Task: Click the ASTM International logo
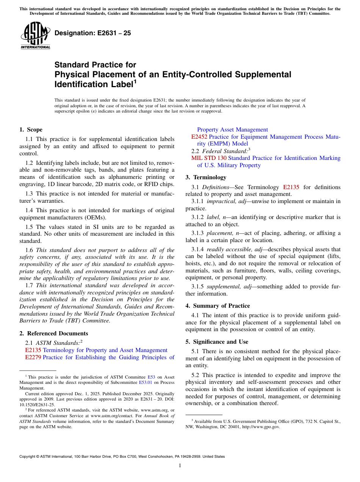point(35,36)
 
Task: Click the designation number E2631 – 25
point(93,33)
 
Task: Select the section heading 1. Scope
point(31,130)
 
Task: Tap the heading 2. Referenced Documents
point(53,333)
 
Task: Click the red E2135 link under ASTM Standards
point(33,350)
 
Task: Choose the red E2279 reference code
point(33,357)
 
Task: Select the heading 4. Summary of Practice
point(218,306)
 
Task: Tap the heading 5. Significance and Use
point(217,342)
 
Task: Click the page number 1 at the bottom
point(180,466)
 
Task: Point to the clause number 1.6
point(29,250)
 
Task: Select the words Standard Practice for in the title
point(95,65)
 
